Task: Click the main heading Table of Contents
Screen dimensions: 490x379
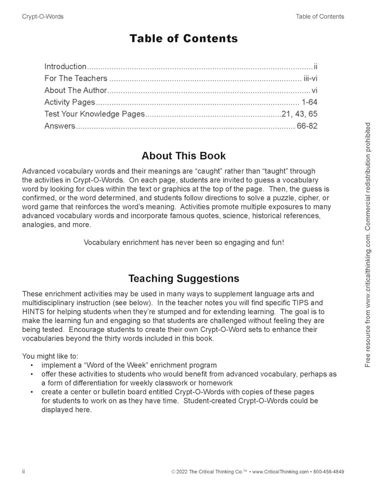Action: [x=184, y=38]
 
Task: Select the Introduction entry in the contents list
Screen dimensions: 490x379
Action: [x=66, y=67]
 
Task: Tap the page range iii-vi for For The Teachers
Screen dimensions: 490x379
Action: [x=310, y=78]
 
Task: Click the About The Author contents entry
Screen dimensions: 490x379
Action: [x=76, y=90]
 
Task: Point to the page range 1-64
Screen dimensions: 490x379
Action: [x=309, y=102]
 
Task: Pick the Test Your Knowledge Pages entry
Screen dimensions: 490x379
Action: [x=95, y=114]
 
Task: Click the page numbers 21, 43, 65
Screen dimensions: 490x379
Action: [x=299, y=114]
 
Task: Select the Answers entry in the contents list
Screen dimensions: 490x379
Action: [x=60, y=126]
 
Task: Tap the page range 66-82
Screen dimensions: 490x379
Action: [x=306, y=126]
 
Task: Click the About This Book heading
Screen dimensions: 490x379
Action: [x=184, y=156]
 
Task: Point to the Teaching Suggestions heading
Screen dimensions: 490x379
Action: [x=184, y=279]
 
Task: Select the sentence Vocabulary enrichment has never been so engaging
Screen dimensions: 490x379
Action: [x=184, y=242]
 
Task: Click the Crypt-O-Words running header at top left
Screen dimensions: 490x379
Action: [x=43, y=17]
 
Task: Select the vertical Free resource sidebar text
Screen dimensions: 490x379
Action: [x=368, y=245]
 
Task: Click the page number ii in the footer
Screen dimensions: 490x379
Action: [x=24, y=472]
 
